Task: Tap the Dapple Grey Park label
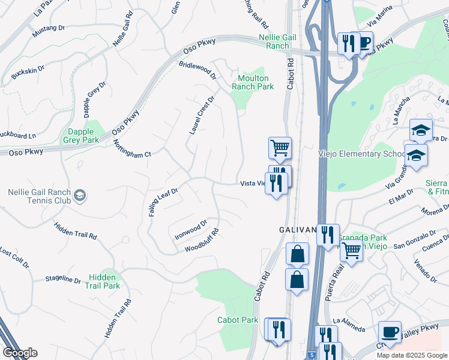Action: tap(80, 136)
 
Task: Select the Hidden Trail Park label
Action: tap(104, 281)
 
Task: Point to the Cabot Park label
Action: tap(238, 320)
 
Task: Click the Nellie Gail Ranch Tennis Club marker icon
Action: tap(80, 195)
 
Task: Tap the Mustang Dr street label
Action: tap(49, 28)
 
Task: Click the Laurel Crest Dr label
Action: tap(202, 115)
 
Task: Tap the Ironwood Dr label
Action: tap(190, 227)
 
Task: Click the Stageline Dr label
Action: tap(63, 280)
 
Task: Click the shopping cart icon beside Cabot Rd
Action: tap(279, 147)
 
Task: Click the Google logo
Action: tap(20, 353)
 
